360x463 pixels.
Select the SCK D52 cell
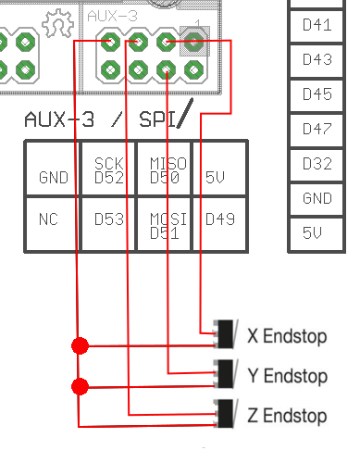click(x=108, y=169)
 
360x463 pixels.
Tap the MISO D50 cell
click(x=164, y=169)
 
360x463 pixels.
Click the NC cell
click(x=53, y=223)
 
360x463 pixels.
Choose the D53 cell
click(x=108, y=223)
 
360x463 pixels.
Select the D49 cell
click(x=219, y=223)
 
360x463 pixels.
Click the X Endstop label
click(x=287, y=336)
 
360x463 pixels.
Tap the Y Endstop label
click(x=287, y=376)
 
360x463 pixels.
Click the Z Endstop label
click(x=287, y=416)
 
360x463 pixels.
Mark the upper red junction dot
click(x=80, y=346)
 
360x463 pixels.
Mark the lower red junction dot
click(x=80, y=386)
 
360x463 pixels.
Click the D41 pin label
click(x=317, y=25)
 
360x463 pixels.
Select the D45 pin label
click(x=317, y=94)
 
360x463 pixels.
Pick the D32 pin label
click(x=317, y=164)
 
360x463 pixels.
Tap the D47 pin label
click(x=317, y=129)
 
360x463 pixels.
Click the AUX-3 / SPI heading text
click(x=109, y=119)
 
